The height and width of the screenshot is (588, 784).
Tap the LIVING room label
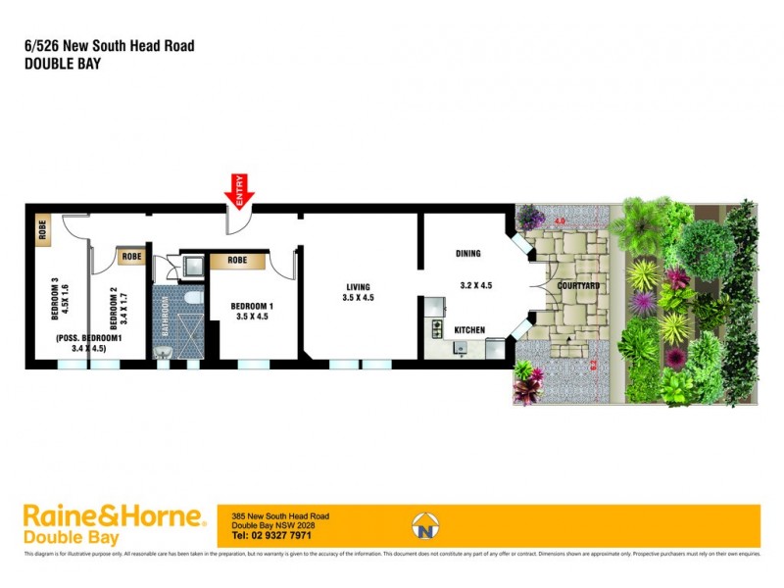pyautogui.click(x=360, y=285)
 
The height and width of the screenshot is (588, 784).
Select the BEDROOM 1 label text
pyautogui.click(x=252, y=307)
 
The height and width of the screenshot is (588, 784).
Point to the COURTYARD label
pyautogui.click(x=578, y=285)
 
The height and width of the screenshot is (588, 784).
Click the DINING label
pyautogui.click(x=468, y=254)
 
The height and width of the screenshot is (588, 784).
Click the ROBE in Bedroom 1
pyautogui.click(x=237, y=261)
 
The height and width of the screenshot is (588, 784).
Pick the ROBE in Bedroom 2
pyautogui.click(x=131, y=257)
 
